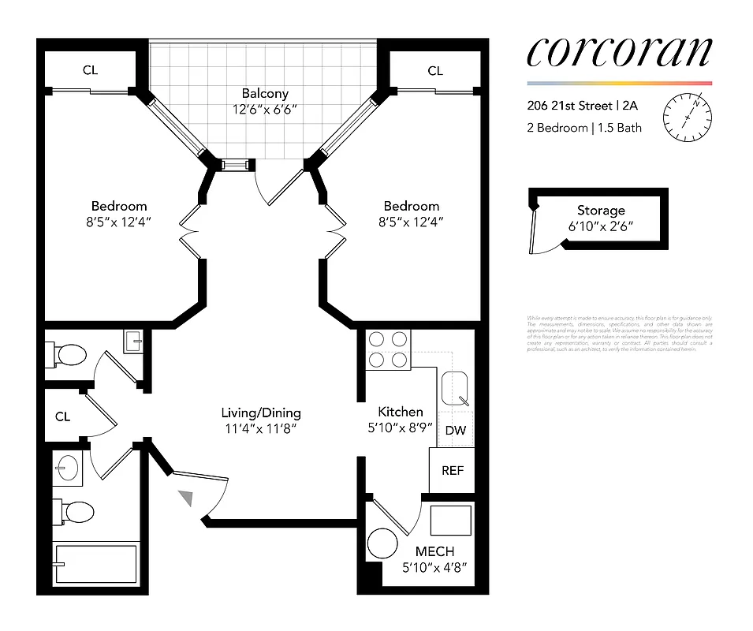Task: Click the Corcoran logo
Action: pos(618,52)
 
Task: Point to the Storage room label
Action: pos(601,211)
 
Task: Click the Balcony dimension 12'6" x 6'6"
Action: pos(265,109)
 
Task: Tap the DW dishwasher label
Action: pos(454,431)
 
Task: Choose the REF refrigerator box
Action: pos(452,471)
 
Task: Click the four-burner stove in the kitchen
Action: pos(389,349)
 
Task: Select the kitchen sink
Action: pos(456,389)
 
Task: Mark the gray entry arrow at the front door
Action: pos(186,497)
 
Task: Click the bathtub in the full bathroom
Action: pos(95,563)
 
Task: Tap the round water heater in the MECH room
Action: pos(385,545)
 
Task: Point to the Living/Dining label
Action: pos(260,413)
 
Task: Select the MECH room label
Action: pos(434,551)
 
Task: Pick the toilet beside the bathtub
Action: pos(76,512)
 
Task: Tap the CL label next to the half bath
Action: pos(63,416)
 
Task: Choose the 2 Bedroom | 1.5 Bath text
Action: pos(583,128)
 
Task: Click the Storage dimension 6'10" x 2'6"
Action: pos(601,226)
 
